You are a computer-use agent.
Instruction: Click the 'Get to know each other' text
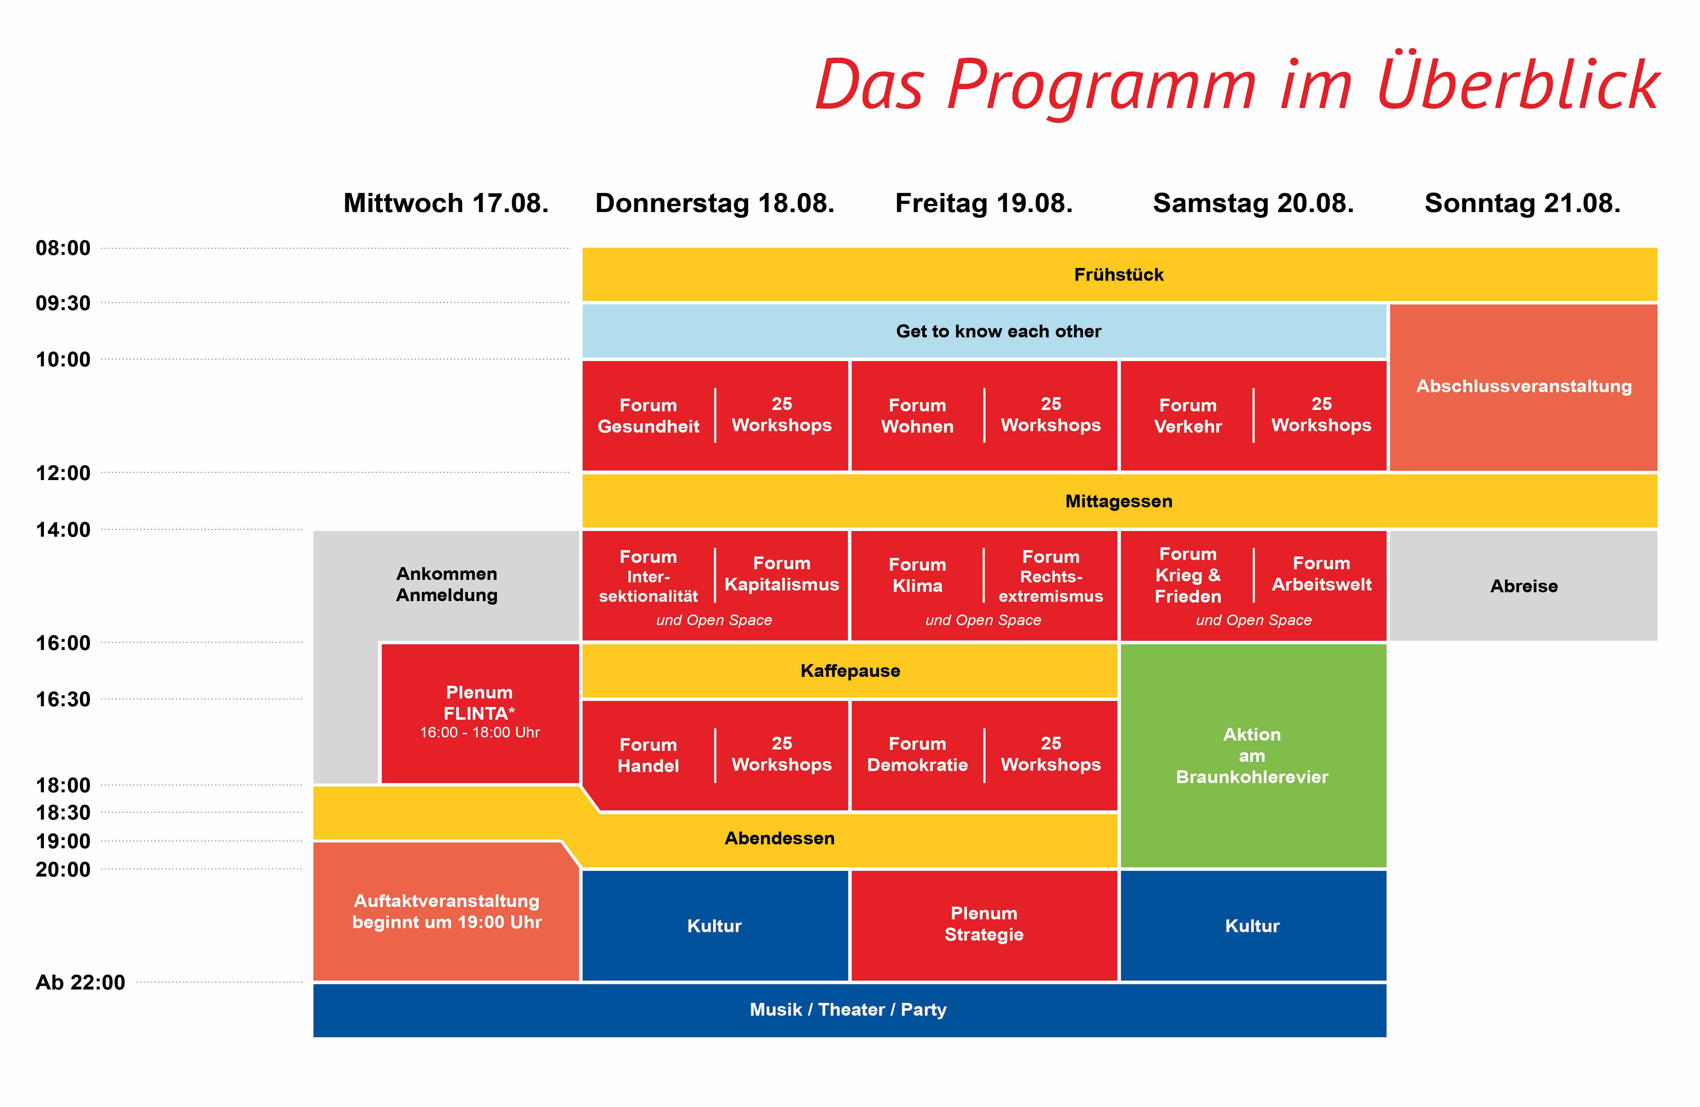(998, 331)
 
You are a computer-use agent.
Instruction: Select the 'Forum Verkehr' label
(1188, 416)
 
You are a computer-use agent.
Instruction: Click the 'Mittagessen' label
(1118, 501)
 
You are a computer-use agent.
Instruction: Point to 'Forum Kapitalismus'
(781, 574)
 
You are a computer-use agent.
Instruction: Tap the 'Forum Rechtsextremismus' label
(1051, 576)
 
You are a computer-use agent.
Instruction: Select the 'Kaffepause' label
(850, 671)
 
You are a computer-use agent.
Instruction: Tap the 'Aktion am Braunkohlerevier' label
(1252, 755)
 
